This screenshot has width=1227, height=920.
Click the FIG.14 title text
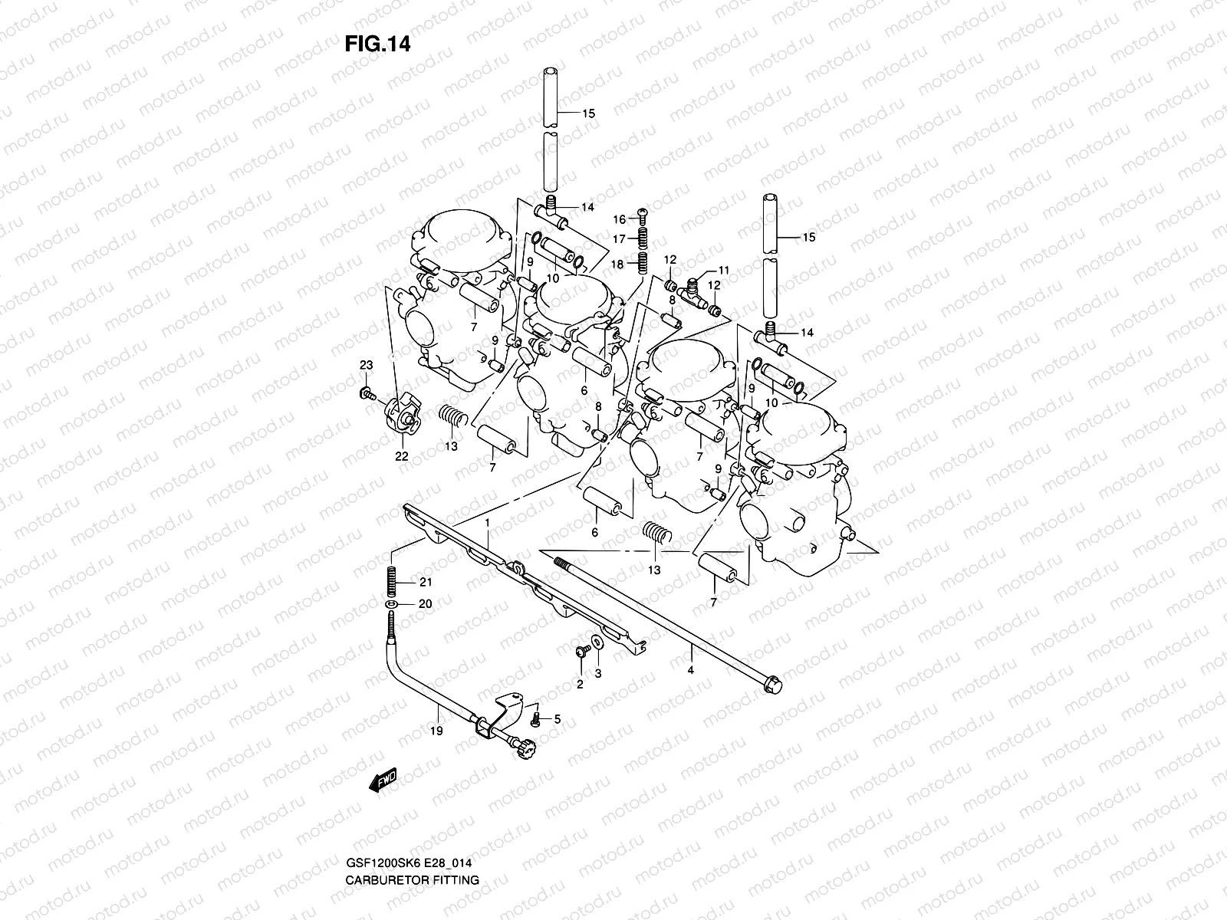(377, 44)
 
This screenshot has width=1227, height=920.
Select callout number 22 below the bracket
(401, 456)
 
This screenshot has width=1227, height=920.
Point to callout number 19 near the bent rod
(436, 731)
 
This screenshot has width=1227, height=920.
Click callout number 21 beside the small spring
(425, 582)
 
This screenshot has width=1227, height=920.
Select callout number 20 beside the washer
(425, 604)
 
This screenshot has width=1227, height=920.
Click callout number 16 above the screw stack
(619, 219)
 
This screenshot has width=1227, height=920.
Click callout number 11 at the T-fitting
(723, 271)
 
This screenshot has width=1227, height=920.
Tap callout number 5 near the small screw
(557, 719)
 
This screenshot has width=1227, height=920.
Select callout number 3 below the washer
(598, 673)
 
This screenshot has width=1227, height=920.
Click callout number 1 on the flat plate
(486, 522)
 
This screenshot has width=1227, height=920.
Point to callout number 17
(619, 239)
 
